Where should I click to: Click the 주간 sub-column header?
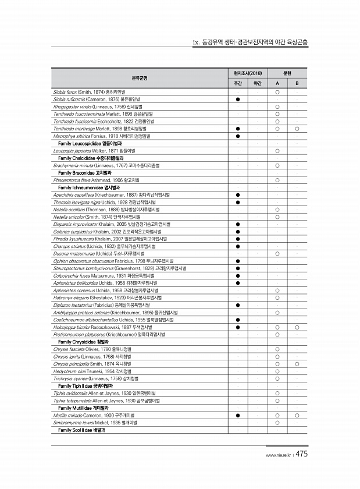pyautogui.click(x=238, y=84)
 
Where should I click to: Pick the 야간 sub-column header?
pyautogui.click(x=256, y=84)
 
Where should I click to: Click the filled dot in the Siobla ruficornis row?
pyautogui.click(x=238, y=100)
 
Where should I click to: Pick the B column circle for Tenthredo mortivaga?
pyautogui.click(x=297, y=129)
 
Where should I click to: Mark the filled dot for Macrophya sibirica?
pyautogui.click(x=238, y=136)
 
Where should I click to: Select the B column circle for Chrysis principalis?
pyautogui.click(x=297, y=364)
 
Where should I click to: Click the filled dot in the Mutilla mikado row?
pyautogui.click(x=238, y=416)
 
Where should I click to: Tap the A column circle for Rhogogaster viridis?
pyautogui.click(x=277, y=107)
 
